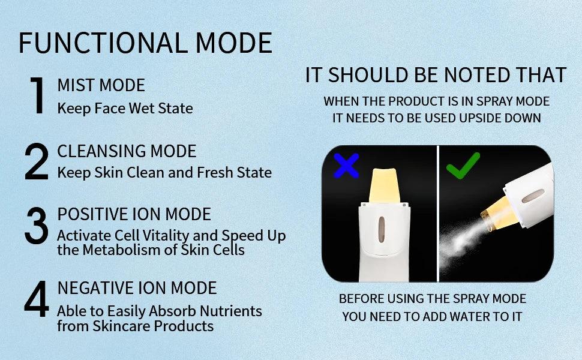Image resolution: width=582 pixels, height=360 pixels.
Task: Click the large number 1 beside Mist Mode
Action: coord(37,95)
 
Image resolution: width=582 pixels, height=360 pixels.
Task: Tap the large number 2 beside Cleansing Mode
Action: coord(37,161)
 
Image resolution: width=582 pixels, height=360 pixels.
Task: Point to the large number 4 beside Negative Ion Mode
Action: coord(37,299)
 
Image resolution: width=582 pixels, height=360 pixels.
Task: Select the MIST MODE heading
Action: coord(101,85)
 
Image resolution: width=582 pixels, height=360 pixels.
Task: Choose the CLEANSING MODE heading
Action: coord(127,151)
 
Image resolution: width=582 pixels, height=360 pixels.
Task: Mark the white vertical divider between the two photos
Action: coord(439,213)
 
